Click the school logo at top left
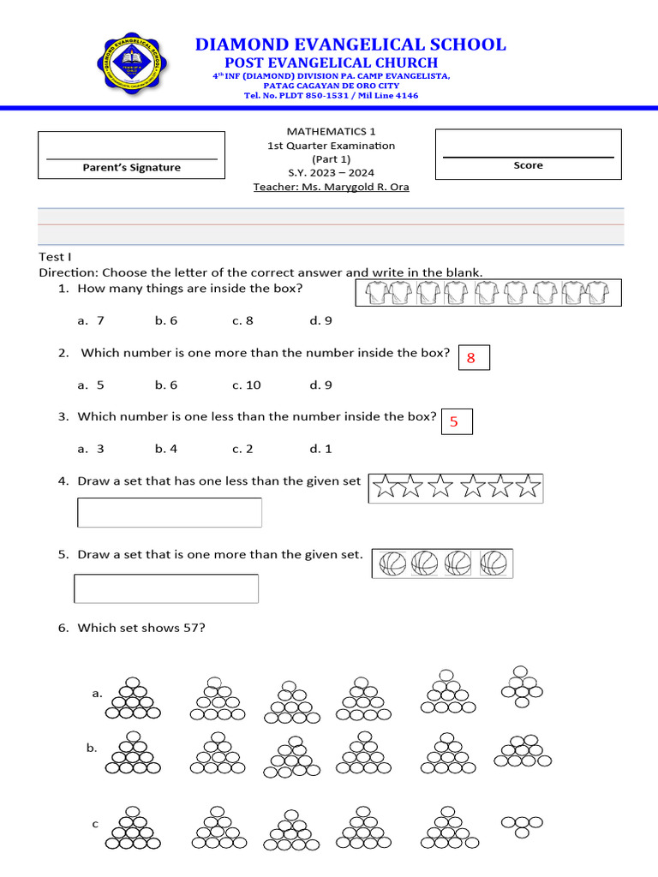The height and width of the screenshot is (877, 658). coord(132,64)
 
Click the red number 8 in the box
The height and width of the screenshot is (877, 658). coord(471,359)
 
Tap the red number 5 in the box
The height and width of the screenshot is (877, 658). coord(454,421)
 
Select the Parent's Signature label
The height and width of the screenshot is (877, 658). coord(131,168)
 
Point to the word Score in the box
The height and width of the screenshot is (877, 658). coord(528,165)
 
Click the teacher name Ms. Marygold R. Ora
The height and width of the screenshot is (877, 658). coord(331,187)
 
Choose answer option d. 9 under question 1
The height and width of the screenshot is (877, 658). coord(320,320)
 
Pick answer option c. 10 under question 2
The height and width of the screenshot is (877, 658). coord(247,385)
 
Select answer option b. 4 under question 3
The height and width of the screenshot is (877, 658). coord(166,448)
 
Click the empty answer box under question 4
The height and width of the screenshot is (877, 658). coord(170,512)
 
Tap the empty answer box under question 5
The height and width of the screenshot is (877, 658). coord(166,588)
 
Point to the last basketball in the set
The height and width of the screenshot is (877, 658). coord(494,564)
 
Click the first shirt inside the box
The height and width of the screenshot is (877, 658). coord(378,294)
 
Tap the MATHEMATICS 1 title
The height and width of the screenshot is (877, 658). coord(331,131)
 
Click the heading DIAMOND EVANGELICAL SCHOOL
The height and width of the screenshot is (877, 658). coord(350,45)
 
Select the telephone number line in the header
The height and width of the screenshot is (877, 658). coord(331,95)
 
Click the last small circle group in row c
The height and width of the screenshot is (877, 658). coord(522,826)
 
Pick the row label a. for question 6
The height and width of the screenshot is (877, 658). coord(97,693)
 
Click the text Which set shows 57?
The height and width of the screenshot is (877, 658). coord(141,628)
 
